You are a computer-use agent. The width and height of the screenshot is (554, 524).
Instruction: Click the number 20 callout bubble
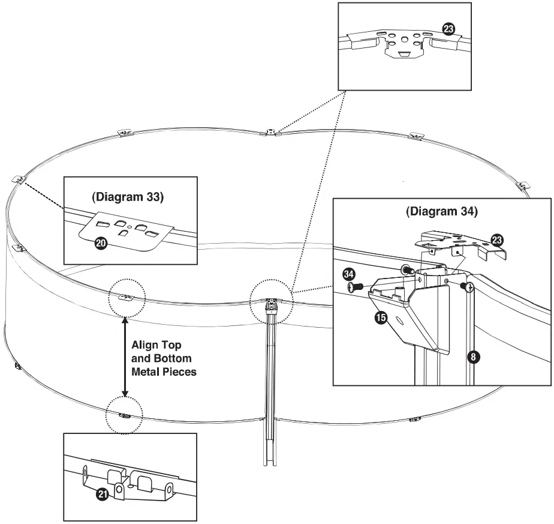tap(101, 244)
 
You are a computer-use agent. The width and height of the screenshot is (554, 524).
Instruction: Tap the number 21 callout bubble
tap(103, 494)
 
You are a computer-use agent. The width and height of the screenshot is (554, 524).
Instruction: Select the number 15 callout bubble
tap(381, 318)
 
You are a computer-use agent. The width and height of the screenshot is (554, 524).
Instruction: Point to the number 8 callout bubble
tap(473, 357)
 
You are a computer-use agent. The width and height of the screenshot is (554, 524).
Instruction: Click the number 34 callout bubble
tap(348, 274)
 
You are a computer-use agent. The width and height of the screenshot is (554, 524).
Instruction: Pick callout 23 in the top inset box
tap(448, 29)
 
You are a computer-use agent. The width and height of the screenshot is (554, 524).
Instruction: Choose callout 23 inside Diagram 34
tap(497, 241)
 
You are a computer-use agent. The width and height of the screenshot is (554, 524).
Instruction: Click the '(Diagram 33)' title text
tap(128, 197)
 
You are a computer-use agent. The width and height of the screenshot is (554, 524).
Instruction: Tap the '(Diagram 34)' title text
tap(442, 211)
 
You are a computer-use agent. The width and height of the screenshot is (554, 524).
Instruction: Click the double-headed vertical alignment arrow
tap(125, 357)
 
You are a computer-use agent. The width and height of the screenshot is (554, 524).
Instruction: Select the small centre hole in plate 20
tap(130, 227)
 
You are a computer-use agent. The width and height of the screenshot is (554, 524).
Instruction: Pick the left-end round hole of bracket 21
tap(86, 472)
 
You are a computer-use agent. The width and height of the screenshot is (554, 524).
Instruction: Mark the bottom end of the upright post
tap(270, 465)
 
